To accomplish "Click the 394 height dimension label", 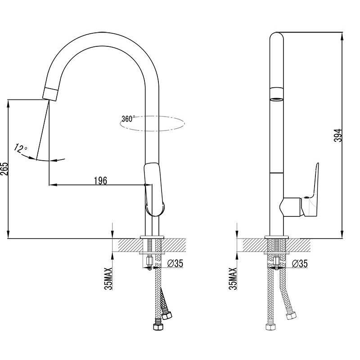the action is (x=338, y=135).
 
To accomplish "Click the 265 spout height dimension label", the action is (x=4, y=169).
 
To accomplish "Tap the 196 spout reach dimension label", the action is (x=100, y=181).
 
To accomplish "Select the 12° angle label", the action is (x=20, y=148).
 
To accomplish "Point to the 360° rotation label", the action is (x=128, y=119).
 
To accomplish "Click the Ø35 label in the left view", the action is (x=175, y=263).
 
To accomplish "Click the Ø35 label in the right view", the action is (x=300, y=264).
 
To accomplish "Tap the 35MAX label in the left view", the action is (x=108, y=279).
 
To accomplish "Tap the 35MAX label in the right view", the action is (x=233, y=279).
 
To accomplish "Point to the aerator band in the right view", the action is (x=276, y=94).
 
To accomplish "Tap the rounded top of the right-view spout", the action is (x=276, y=37).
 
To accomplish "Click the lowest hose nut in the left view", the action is (x=158, y=327).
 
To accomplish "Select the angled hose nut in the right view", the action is (x=291, y=316).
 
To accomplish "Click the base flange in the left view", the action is (x=152, y=237).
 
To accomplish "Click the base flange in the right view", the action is (x=276, y=237).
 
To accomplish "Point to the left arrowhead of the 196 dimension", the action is (x=53, y=184).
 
